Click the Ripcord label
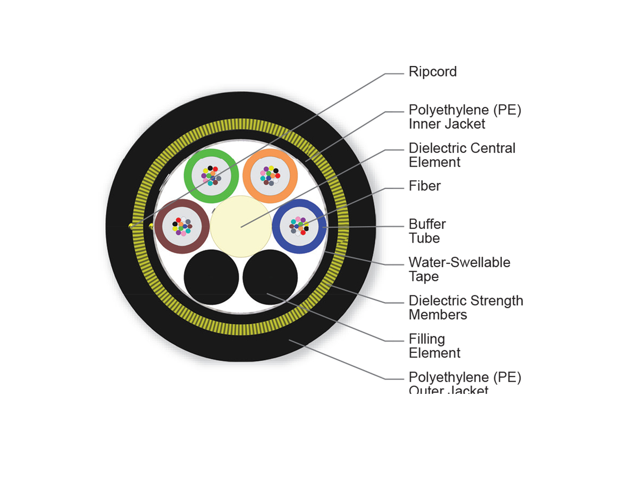point(432,72)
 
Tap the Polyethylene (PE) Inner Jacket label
point(465,117)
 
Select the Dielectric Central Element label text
point(462,155)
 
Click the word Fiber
point(425,186)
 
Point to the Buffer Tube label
point(427,231)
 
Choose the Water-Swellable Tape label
point(459,269)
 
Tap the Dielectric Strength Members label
point(466,308)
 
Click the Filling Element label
point(434,346)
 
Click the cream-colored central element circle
point(240,227)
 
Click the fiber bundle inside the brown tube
point(182,227)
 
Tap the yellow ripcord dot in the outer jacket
point(131,227)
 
